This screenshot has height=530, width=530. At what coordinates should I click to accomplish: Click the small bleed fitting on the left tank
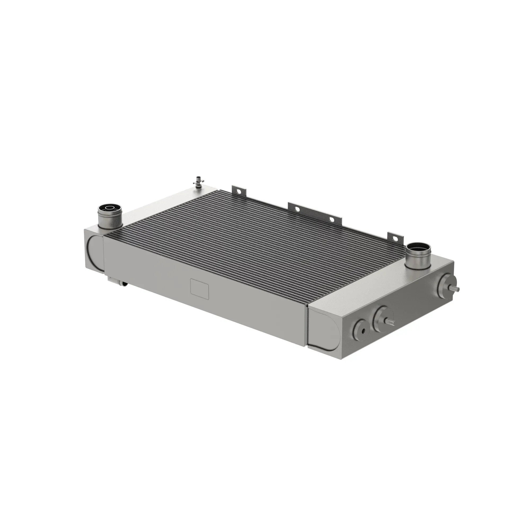(x=200, y=182)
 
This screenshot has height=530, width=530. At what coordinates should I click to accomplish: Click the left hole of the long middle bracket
(x=297, y=209)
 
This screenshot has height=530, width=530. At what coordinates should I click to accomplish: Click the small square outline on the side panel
(x=200, y=289)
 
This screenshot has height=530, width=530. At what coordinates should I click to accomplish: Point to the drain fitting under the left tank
(x=118, y=281)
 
